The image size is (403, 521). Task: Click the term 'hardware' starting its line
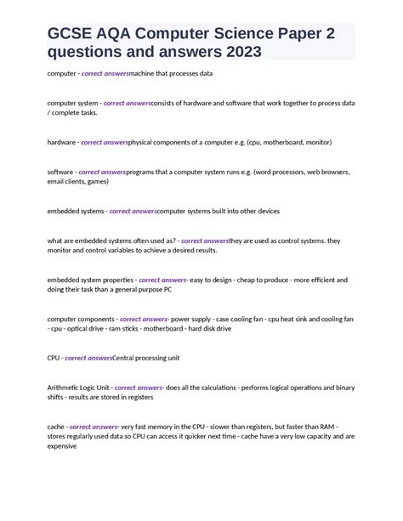pyautogui.click(x=61, y=142)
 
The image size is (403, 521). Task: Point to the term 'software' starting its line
pyautogui.click(x=60, y=172)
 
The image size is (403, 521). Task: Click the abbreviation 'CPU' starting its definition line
pyautogui.click(x=54, y=358)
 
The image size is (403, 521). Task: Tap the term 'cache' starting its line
pyautogui.click(x=56, y=427)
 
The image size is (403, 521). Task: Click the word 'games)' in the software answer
pyautogui.click(x=98, y=181)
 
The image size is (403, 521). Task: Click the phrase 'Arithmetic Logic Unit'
pyautogui.click(x=78, y=387)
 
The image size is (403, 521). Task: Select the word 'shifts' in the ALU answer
pyautogui.click(x=57, y=397)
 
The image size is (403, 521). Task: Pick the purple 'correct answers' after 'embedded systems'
pyautogui.click(x=133, y=211)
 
